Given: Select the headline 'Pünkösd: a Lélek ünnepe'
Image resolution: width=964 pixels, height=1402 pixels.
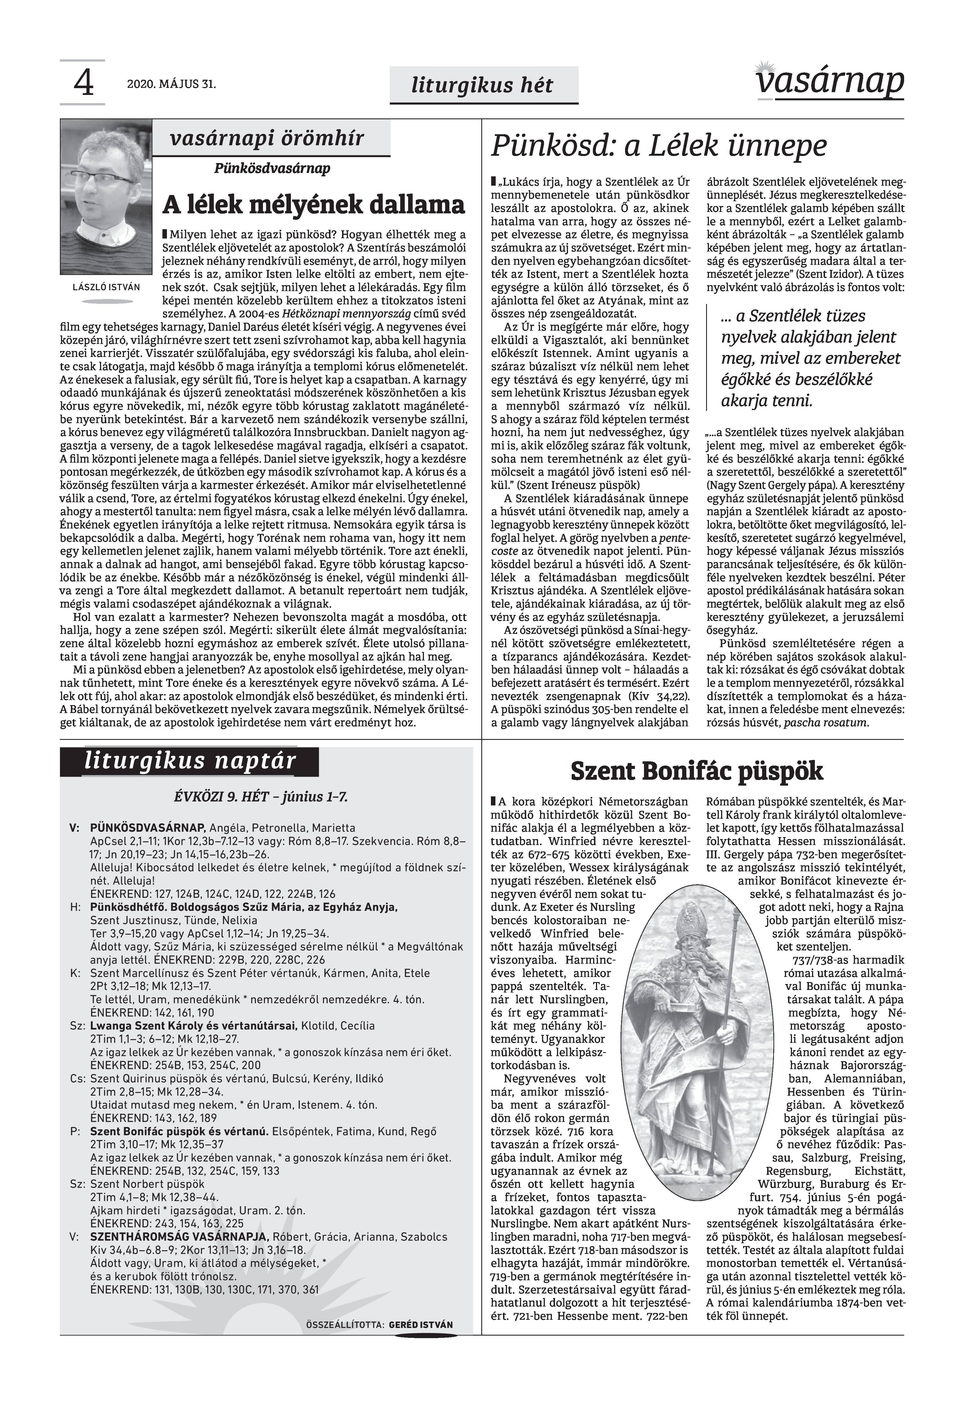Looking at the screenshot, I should [x=658, y=146].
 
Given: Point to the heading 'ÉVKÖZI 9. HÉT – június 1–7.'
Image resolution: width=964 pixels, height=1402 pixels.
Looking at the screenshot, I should [x=260, y=796].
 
